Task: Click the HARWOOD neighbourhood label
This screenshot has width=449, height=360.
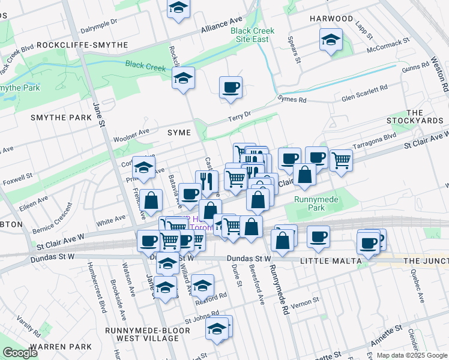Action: point(331,19)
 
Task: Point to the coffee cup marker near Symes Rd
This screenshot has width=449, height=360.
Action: point(231,88)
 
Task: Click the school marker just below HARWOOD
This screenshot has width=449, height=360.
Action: point(331,40)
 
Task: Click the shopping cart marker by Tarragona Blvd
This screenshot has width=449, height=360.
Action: point(341,160)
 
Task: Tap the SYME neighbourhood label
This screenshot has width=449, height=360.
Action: point(179,133)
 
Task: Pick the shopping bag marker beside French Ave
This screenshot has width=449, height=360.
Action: point(152,200)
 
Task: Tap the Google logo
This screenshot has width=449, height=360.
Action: point(19,353)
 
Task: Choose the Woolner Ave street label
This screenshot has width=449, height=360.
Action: point(131,134)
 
